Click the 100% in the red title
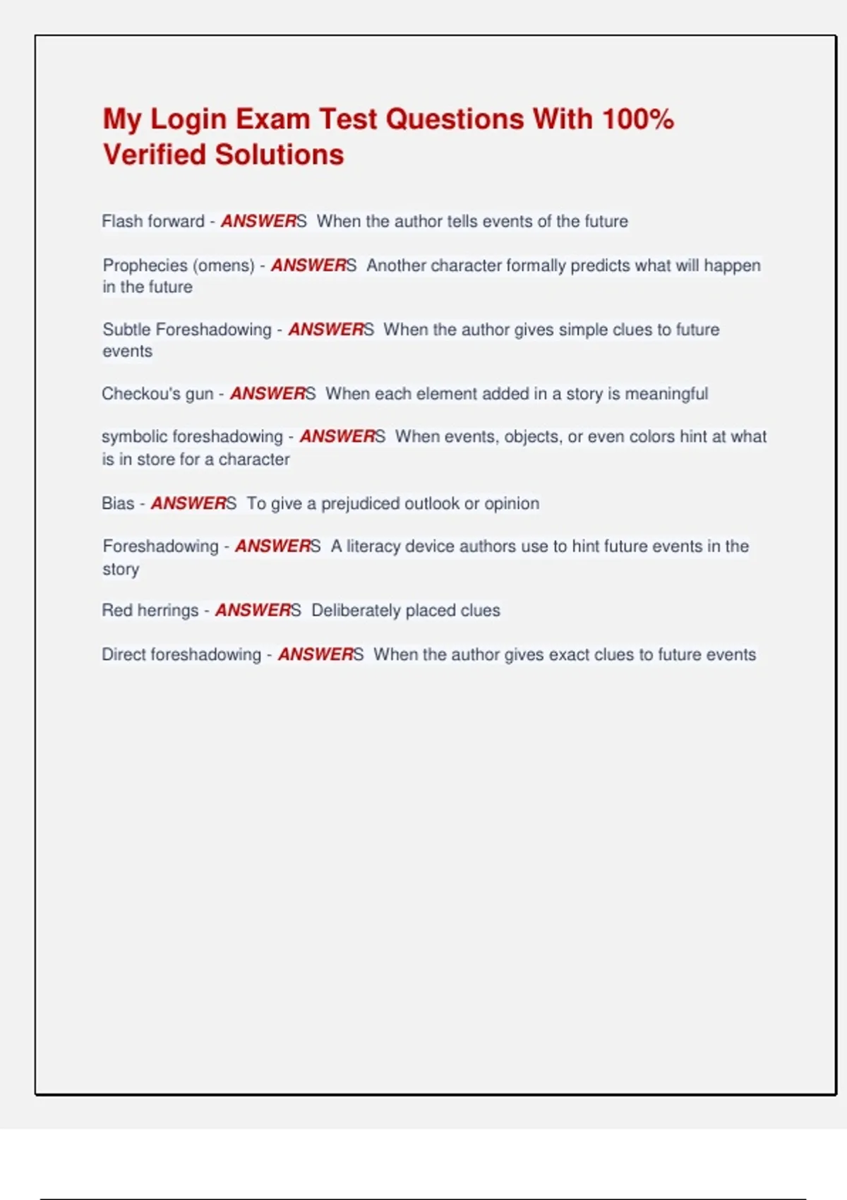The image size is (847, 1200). pos(638,119)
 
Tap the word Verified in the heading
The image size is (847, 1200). pos(155,155)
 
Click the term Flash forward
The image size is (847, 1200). pos(152,222)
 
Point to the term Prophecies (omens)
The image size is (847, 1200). pos(179,265)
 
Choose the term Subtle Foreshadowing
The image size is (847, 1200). pos(187,330)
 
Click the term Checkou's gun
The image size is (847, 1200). pos(157,394)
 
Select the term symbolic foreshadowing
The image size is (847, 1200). pos(192,437)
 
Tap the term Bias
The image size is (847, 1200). pos(118,503)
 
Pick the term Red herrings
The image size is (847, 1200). pos(150,611)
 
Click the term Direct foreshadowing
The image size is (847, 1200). pos(181,655)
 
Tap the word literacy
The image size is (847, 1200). pos(373,546)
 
